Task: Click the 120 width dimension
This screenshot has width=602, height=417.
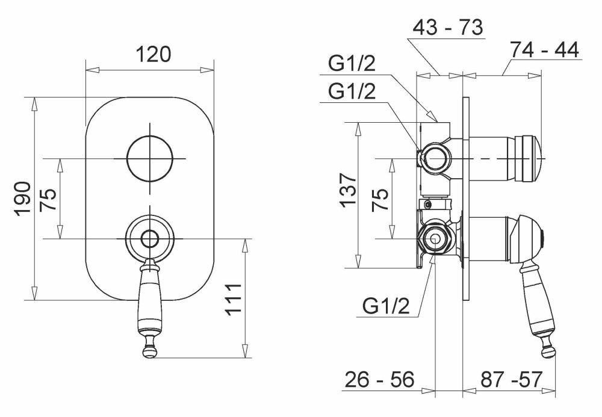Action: (x=154, y=54)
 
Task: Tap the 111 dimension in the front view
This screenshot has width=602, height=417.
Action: (x=233, y=300)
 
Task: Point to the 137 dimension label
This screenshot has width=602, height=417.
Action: (x=348, y=190)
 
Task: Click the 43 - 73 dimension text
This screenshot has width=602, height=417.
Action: (x=448, y=28)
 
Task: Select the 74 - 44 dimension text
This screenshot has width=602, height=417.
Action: (x=544, y=50)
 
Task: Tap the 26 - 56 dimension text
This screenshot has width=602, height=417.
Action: (x=380, y=380)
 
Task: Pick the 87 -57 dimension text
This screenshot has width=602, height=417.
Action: (x=511, y=380)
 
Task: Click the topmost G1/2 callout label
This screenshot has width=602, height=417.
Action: (x=352, y=63)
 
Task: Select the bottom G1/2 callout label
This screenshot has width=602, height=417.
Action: (x=386, y=306)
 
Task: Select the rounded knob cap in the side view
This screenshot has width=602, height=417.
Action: (x=530, y=158)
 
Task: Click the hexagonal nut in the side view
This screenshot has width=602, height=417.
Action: (x=435, y=239)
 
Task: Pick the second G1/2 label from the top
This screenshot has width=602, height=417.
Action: (x=352, y=91)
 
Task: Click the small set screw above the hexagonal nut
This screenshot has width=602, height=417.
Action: (x=428, y=204)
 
